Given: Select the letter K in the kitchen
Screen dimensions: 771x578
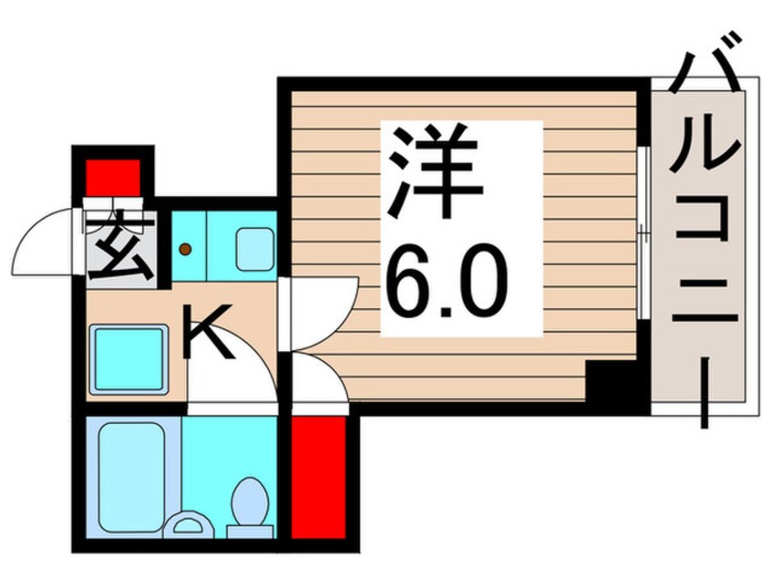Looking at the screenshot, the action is point(207,331).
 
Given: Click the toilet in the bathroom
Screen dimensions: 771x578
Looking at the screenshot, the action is point(251,501).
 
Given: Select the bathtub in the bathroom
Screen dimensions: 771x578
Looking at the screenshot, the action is point(132,477).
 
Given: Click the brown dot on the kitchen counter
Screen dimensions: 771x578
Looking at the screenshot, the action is point(185,250).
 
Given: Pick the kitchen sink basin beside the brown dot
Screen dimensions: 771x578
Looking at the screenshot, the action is point(254,249).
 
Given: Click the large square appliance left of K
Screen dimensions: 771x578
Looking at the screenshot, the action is point(128,359).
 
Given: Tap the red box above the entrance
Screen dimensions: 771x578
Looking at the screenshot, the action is point(114,178).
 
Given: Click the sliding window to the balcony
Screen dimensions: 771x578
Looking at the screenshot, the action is point(643,232).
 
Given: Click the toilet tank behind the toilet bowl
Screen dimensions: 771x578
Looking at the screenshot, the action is point(250,532).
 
